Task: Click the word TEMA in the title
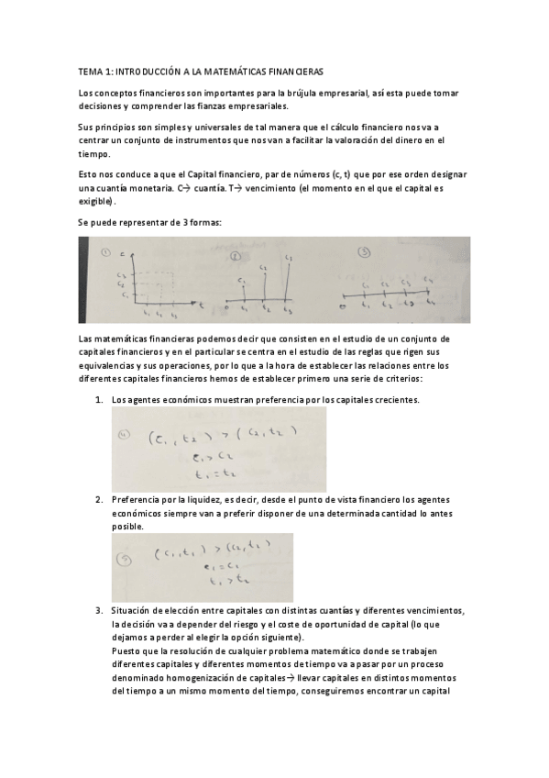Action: (x=89, y=71)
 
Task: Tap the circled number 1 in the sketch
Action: (x=105, y=253)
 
